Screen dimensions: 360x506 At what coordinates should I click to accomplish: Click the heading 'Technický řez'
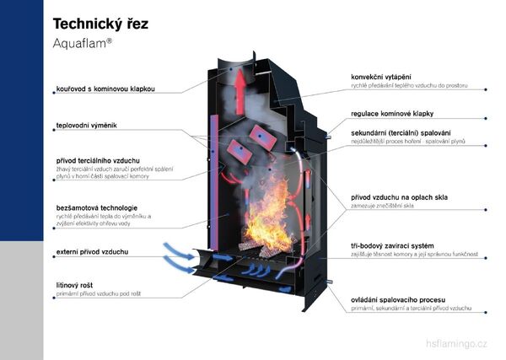100,23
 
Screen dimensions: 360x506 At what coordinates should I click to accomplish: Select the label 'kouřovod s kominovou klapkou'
105,88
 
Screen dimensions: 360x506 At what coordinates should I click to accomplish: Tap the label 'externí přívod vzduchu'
93,251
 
